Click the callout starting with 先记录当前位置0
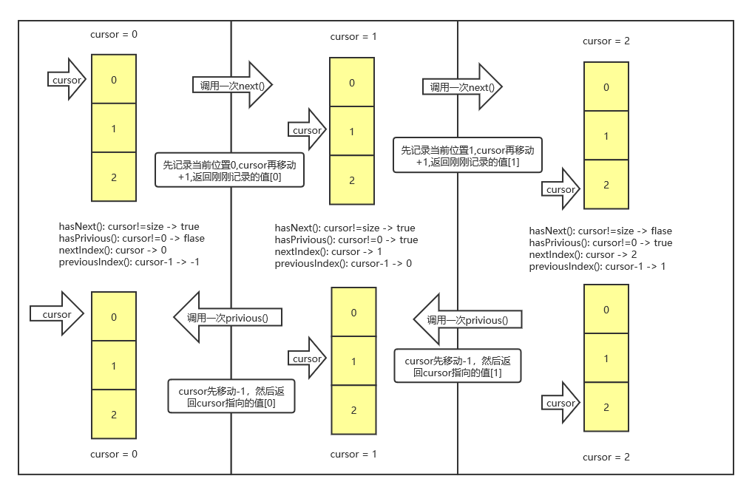click(x=229, y=171)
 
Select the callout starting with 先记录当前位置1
click(x=467, y=155)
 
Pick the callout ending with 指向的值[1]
click(x=458, y=366)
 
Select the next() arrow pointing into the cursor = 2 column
click(x=462, y=87)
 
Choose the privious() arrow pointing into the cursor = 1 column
click(x=467, y=320)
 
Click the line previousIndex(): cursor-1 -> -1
click(x=129, y=262)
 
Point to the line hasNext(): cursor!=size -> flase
click(x=600, y=231)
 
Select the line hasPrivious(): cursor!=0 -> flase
click(x=132, y=238)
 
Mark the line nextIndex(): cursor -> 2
click(x=583, y=254)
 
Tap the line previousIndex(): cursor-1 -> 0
click(x=343, y=263)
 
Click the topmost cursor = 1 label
click(x=353, y=36)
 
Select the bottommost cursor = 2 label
click(x=606, y=457)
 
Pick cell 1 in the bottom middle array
click(x=353, y=361)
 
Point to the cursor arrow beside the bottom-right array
click(x=560, y=403)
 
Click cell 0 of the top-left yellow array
click(x=114, y=79)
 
